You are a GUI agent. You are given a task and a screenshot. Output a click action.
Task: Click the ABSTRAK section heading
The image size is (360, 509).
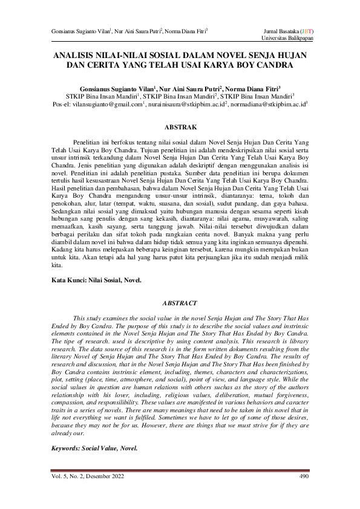[x=180, y=128]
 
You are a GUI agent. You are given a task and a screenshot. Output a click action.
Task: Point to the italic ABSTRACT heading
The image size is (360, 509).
[x=180, y=302]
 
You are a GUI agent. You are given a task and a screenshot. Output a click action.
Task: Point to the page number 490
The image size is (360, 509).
[x=304, y=477]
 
